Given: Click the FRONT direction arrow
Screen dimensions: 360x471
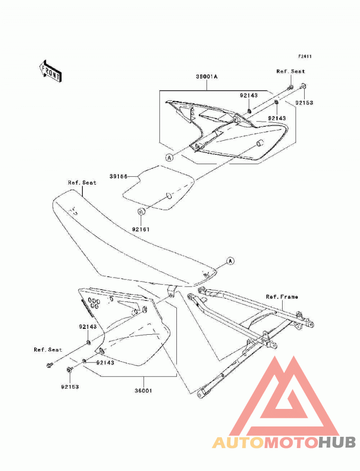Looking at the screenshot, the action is (x=50, y=71).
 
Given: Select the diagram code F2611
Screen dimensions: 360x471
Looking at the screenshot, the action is (x=305, y=56).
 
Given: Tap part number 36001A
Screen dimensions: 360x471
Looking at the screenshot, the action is (x=207, y=76).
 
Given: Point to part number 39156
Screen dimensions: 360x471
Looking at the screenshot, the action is (x=118, y=177).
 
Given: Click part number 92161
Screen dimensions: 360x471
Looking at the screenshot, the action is (x=141, y=229).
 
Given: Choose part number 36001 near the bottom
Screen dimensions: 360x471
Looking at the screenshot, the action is (x=144, y=391).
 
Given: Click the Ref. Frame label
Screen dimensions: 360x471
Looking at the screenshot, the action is (x=282, y=297).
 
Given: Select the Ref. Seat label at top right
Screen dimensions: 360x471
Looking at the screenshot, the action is (x=291, y=72).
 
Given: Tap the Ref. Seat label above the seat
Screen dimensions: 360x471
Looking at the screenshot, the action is (x=82, y=183).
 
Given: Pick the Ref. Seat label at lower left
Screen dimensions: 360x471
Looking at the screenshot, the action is (x=48, y=350).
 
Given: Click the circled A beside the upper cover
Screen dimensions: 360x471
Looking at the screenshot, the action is (x=170, y=157).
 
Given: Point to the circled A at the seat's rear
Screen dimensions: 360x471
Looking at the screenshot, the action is (x=230, y=261).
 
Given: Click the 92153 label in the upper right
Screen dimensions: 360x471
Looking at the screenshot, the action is (x=304, y=103).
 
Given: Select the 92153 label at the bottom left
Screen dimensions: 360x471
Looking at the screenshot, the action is (x=70, y=387).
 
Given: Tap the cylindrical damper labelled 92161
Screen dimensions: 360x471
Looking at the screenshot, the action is (x=141, y=211).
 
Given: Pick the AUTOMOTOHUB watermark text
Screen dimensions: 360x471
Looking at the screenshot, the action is (x=284, y=442).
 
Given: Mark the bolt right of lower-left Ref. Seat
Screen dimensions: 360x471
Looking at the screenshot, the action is (x=49, y=365).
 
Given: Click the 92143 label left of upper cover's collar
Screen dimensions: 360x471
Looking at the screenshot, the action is (x=249, y=95).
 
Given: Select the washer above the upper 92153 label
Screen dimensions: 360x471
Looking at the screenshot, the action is (x=303, y=86).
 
